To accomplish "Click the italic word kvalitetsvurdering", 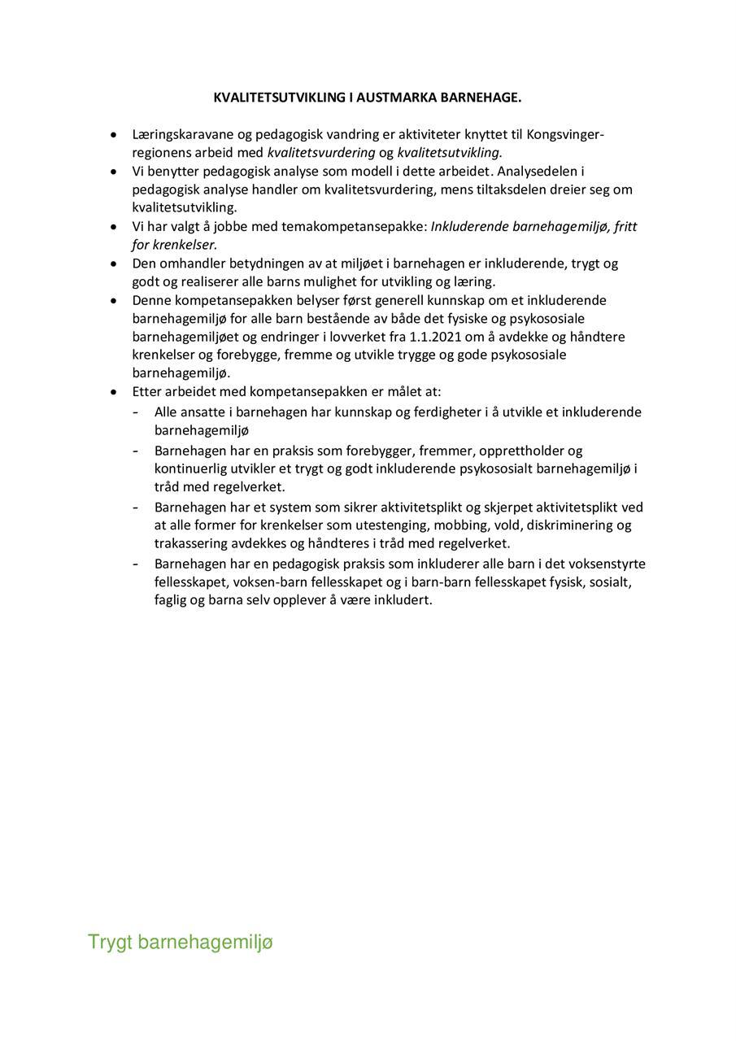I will pyautogui.click(x=321, y=153).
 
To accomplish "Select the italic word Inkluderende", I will pyautogui.click(x=470, y=227).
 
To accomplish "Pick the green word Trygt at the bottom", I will pyautogui.click(x=110, y=943).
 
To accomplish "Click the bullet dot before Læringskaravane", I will pyautogui.click(x=114, y=134).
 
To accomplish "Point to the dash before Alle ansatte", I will pyautogui.click(x=136, y=412).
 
